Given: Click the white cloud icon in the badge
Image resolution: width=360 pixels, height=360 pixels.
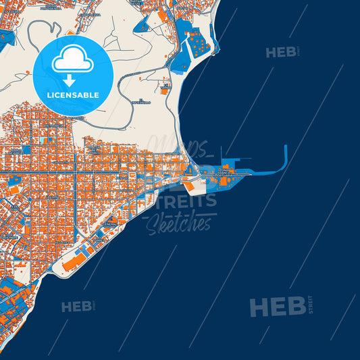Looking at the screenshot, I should pos(72,61).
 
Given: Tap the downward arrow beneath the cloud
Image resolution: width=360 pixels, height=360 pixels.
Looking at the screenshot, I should pos(72,78).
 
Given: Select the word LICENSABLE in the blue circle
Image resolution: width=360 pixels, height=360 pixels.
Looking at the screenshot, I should pos(72,95).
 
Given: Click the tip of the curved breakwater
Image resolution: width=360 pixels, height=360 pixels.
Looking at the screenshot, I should pos(286,147).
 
